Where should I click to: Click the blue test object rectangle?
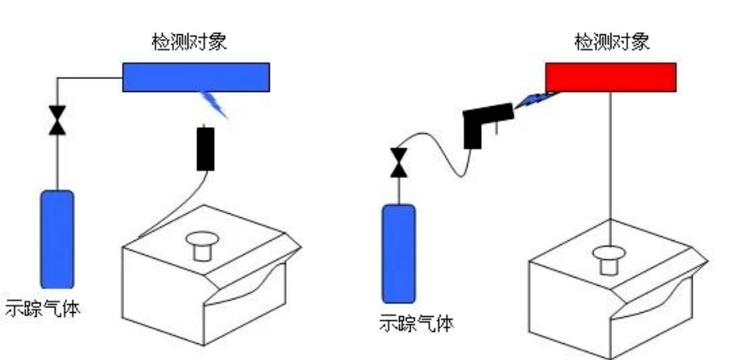(x=196, y=77)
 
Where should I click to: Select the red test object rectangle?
(x=611, y=77)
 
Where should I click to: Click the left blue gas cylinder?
(x=57, y=238)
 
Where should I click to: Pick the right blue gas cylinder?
(x=397, y=254)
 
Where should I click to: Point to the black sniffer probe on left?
(x=206, y=149)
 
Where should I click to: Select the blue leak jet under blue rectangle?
(x=215, y=103)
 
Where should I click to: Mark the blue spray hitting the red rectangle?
(x=532, y=100)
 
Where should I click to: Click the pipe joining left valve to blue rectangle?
(x=88, y=77)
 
